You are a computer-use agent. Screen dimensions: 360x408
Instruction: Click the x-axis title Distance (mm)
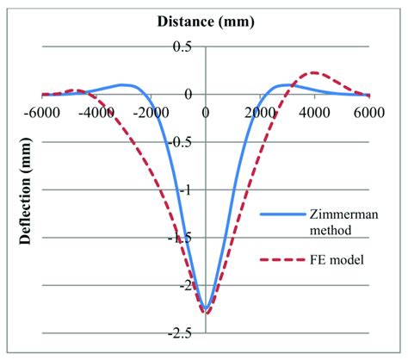click(206, 20)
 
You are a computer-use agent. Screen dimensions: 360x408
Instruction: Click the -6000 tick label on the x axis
click(41, 111)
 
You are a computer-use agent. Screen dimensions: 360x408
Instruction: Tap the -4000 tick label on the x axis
click(96, 111)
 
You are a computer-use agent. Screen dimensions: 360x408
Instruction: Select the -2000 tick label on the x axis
click(151, 111)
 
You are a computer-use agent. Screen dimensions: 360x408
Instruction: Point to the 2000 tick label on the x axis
click(260, 111)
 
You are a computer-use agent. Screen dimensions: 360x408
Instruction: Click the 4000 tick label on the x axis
click(315, 111)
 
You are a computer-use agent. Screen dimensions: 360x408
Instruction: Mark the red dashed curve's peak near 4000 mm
click(315, 73)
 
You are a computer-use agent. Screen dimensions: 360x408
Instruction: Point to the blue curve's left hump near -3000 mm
click(124, 84)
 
